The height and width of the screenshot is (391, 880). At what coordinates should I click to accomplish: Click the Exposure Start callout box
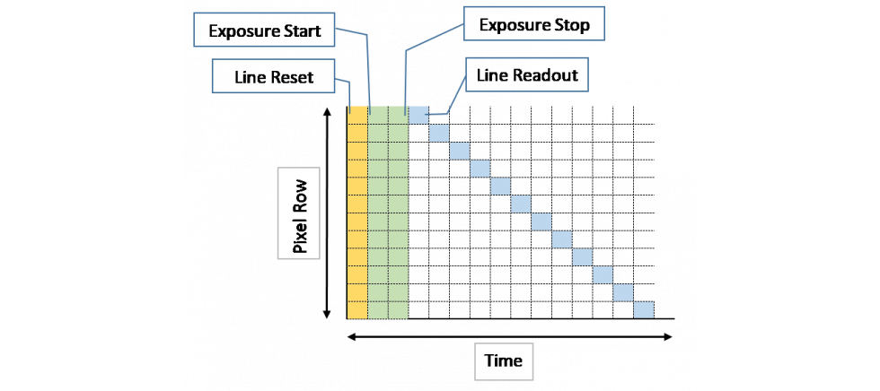(265, 33)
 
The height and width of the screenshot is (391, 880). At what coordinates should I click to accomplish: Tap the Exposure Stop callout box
(536, 25)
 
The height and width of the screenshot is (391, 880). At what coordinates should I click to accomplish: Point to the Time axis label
(504, 361)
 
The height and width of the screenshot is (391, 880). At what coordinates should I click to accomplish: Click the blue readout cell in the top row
(418, 115)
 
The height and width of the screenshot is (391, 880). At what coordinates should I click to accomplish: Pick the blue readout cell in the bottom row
(644, 309)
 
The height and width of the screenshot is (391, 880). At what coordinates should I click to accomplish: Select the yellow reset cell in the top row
(357, 115)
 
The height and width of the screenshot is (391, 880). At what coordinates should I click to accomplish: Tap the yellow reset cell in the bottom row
(357, 309)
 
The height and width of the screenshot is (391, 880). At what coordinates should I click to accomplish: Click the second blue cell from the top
(439, 133)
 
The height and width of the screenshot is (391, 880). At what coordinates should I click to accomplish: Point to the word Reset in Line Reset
(295, 77)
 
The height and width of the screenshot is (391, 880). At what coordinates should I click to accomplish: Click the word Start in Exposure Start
(304, 33)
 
